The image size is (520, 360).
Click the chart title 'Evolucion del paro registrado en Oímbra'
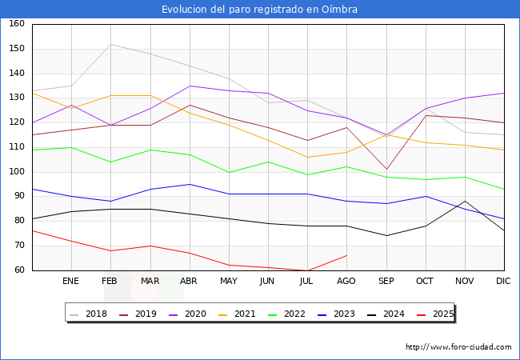259,10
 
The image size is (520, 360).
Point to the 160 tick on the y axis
17,24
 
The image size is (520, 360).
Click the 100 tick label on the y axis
17,172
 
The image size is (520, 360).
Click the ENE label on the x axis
71,281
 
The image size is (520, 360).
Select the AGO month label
346,281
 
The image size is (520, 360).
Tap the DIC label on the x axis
504,281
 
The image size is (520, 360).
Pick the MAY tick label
229,281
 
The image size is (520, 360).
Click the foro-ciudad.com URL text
458,347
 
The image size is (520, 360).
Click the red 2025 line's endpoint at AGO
346,255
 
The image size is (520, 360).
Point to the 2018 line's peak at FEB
110,44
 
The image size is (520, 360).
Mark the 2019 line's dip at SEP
386,170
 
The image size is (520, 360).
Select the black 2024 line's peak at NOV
465,202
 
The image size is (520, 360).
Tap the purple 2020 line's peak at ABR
189,86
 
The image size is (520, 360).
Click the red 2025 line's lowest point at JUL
307,270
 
